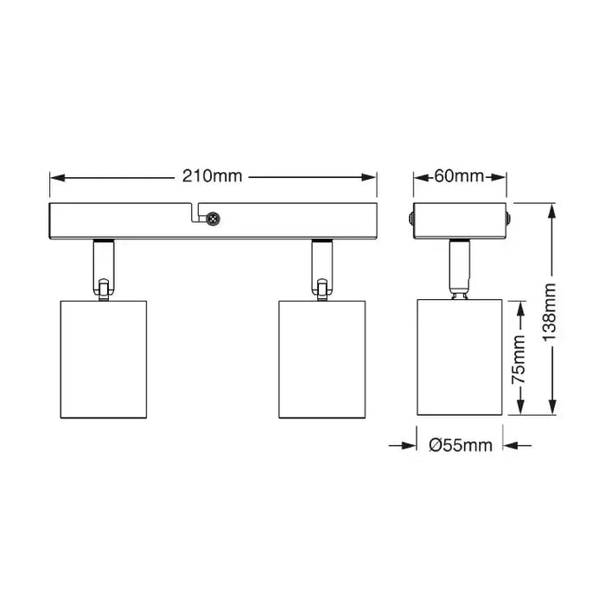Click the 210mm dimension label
pyautogui.click(x=213, y=176)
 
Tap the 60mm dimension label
pyautogui.click(x=459, y=176)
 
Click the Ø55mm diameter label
pyautogui.click(x=460, y=446)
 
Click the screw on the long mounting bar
pyautogui.click(x=212, y=220)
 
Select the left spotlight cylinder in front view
pyautogui.click(x=105, y=360)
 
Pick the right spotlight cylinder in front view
pyautogui.click(x=322, y=360)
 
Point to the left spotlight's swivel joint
pyautogui.click(x=104, y=289)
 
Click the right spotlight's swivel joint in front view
pyautogui.click(x=321, y=289)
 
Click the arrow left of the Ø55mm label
pyautogui.click(x=407, y=446)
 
